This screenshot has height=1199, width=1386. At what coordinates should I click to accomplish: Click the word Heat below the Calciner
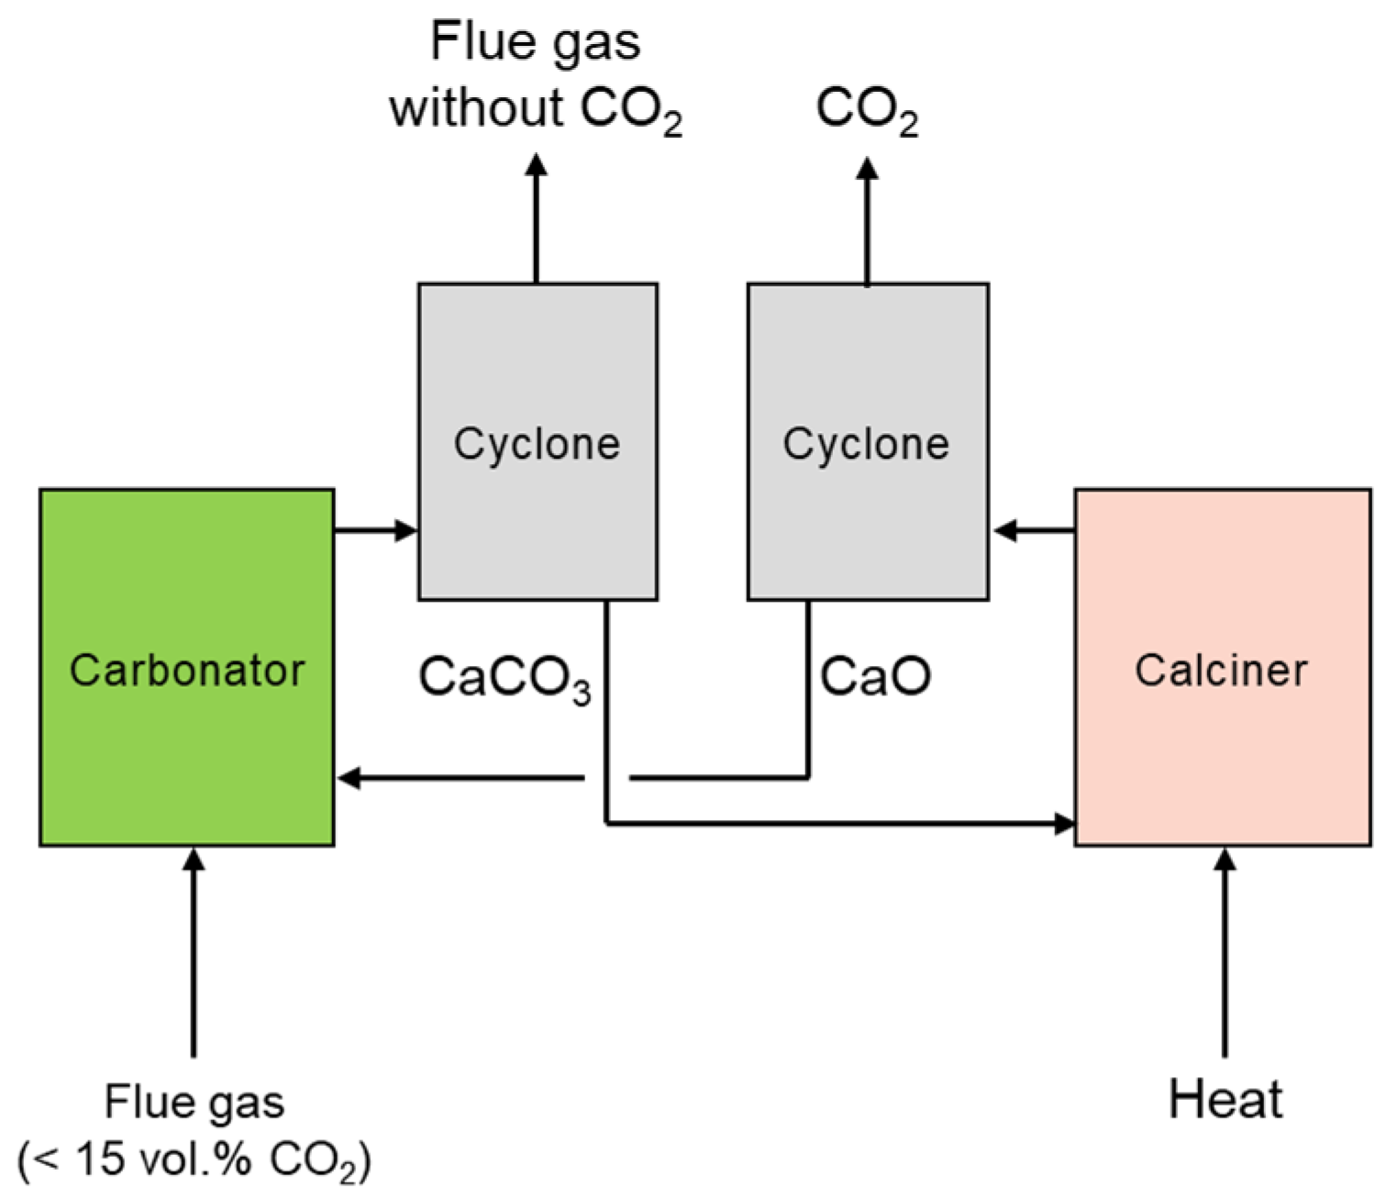coord(1225,1099)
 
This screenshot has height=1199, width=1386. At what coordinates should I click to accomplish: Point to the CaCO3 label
coord(505,679)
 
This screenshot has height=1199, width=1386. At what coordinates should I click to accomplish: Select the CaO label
coord(875,676)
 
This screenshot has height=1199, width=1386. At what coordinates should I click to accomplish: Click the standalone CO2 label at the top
coord(867,110)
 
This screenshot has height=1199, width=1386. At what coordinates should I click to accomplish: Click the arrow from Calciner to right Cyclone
coord(1034,529)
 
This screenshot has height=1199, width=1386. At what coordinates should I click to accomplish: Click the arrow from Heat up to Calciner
coord(1225,954)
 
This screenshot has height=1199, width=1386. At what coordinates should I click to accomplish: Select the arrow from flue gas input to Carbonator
coord(193,954)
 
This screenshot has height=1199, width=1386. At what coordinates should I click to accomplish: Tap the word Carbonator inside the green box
coord(186,671)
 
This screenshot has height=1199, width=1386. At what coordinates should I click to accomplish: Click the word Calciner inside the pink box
coord(1221,671)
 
